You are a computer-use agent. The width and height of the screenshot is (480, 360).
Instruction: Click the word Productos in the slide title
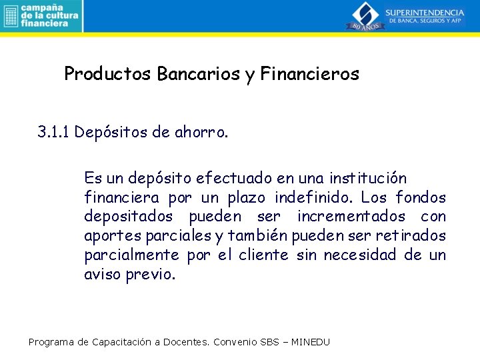click(x=108, y=74)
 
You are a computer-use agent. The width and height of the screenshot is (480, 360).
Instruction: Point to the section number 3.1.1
click(x=54, y=132)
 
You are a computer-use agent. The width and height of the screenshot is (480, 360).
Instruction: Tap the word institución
click(x=369, y=179)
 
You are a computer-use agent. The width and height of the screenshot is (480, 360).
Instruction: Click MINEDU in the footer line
click(x=309, y=342)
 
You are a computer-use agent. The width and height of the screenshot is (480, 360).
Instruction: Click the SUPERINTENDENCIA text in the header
click(x=425, y=12)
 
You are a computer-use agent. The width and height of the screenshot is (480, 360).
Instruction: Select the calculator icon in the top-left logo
click(x=9, y=15)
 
